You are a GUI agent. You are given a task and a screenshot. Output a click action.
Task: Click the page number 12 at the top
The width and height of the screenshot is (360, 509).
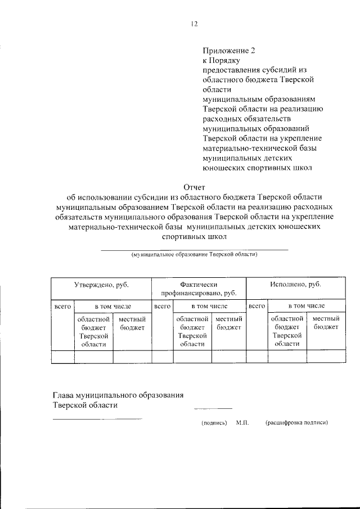pos(194,24)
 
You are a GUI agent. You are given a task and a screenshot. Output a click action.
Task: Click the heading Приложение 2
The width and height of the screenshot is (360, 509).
pos(229,50)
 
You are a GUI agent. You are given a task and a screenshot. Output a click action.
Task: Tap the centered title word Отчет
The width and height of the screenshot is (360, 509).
pos(195,187)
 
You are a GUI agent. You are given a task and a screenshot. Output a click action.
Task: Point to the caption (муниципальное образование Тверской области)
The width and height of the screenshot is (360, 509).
pos(194,254)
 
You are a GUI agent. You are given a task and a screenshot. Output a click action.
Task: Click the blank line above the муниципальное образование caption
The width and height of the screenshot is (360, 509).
pos(194,248)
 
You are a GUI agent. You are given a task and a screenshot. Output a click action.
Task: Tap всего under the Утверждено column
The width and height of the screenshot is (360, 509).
pos(62,307)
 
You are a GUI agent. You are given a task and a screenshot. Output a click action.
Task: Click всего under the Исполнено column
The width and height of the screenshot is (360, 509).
pos(256,307)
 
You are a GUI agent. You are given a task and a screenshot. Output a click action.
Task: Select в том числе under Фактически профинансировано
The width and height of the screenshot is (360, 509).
pos(209,307)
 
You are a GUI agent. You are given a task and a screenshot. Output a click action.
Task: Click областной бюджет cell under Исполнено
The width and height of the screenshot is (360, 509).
pos(287,331)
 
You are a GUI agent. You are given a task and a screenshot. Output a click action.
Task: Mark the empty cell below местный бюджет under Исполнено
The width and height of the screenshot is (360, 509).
pos(326,357)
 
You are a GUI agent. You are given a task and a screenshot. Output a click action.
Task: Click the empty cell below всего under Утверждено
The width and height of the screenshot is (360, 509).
pos(62,357)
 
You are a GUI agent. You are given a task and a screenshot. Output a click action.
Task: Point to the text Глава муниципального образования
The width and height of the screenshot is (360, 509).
pos(119,395)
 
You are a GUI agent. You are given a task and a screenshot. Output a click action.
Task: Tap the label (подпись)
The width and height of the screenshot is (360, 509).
pos(214,422)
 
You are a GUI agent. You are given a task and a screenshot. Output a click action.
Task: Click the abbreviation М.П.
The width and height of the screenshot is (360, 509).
pos(243,422)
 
